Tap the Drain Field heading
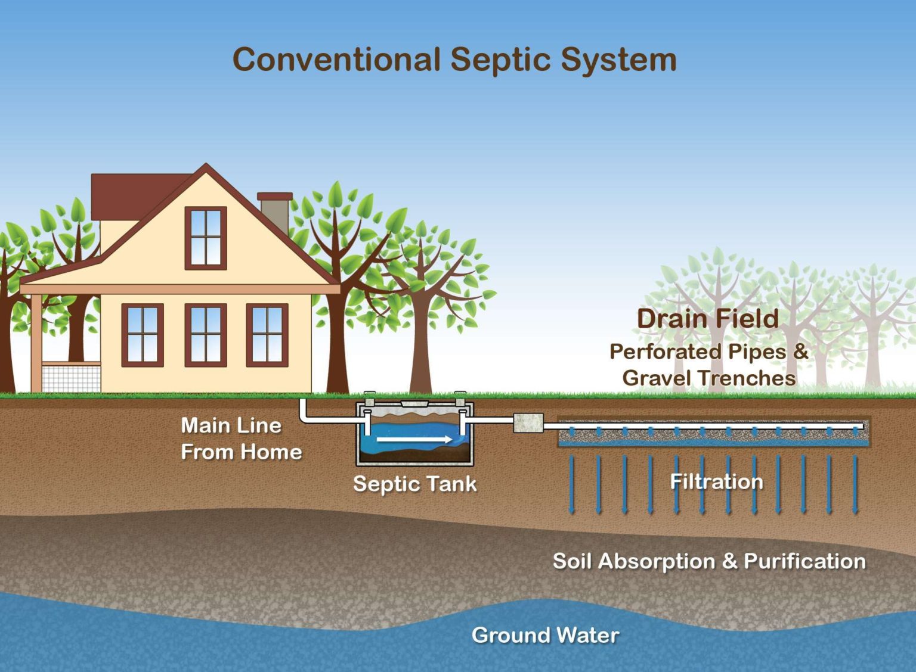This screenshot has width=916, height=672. click(708, 319)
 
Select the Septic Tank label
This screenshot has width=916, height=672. click(415, 483)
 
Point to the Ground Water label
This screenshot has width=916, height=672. click(545, 635)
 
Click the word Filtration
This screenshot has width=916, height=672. click(716, 481)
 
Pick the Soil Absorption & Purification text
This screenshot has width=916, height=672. click(709, 561)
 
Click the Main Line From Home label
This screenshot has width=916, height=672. click(241, 438)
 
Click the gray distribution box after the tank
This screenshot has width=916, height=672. click(528, 423)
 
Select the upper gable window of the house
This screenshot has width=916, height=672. click(206, 238)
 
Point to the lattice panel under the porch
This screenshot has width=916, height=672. click(71, 378)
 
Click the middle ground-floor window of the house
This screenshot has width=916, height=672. click(206, 335)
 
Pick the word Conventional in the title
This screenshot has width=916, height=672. click(336, 61)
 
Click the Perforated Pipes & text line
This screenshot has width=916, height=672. click(708, 351)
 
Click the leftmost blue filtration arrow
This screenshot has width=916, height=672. click(572, 484)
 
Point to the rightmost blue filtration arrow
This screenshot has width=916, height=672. click(855, 484)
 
